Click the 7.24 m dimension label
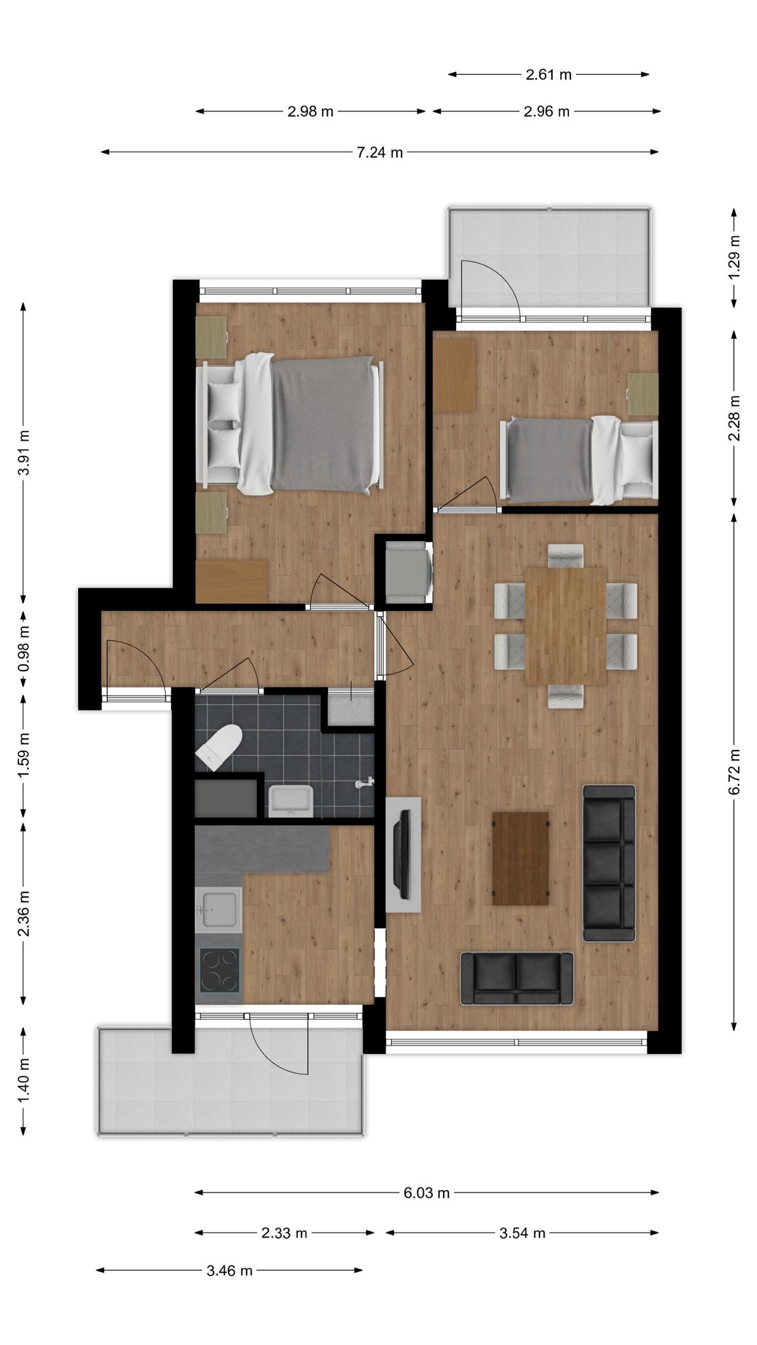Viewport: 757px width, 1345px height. pos(379,152)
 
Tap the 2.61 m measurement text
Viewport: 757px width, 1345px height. pos(549,75)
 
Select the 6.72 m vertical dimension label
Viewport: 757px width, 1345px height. pos(734,772)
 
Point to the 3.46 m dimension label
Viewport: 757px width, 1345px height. pos(229,1270)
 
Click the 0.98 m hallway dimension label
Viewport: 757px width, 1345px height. pos(24,649)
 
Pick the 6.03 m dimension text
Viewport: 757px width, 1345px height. pos(426,1193)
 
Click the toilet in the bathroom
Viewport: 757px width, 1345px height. pos(219,747)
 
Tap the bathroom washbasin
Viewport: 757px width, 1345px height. pos(290,801)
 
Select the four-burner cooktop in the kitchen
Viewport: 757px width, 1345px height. pos(219,971)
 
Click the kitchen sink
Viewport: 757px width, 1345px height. pos(219,908)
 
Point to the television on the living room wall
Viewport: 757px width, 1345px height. pos(401,854)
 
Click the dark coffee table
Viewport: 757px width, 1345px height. pos(520,858)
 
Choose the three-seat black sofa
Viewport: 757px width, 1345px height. pos(609,863)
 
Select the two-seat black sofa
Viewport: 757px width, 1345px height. pos(516,979)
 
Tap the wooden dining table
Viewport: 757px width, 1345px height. pos(566,626)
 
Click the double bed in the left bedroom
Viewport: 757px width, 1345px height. pos(290,424)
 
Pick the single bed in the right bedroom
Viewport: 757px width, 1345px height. pos(579,460)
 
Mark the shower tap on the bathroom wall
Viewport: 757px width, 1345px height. pos(365,783)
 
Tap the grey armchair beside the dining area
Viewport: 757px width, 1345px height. pos(408,571)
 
